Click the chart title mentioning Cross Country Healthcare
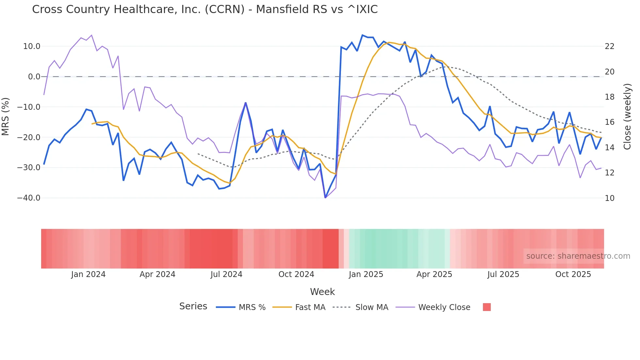click(205, 9)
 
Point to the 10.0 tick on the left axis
click(32, 46)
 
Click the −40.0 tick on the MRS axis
click(29, 198)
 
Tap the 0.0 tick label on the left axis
click(34, 77)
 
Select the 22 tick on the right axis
click(610, 46)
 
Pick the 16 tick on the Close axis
click(610, 122)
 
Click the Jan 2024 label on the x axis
click(88, 274)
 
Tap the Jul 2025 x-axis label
click(503, 274)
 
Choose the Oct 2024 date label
click(296, 274)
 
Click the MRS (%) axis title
click(6, 116)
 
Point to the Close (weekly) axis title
click(627, 116)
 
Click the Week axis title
click(322, 292)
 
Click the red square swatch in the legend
click(487, 307)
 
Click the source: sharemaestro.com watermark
click(578, 256)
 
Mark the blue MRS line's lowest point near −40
click(325, 198)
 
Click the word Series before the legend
click(193, 306)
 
